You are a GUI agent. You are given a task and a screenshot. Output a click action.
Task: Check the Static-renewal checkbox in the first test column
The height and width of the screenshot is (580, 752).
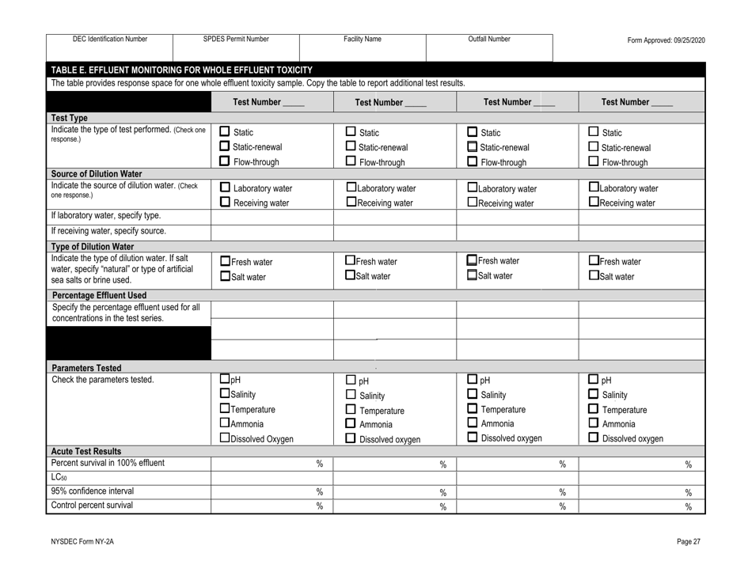point(224,146)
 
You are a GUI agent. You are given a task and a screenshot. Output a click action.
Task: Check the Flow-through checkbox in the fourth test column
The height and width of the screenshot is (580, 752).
point(589,162)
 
